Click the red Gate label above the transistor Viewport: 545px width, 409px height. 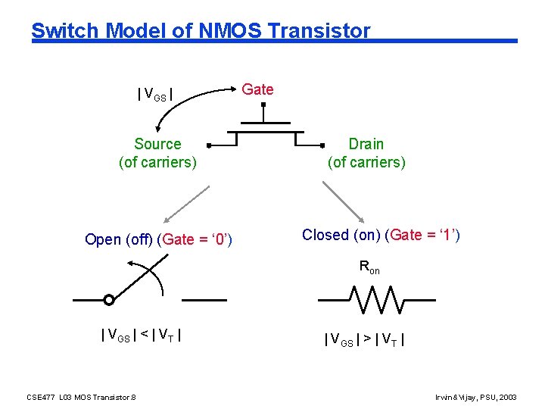tap(257, 89)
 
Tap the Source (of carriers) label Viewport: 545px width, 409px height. tap(157, 153)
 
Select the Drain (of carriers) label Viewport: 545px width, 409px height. tap(366, 153)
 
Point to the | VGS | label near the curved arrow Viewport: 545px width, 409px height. tap(155, 95)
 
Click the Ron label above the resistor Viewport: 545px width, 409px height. tap(369, 267)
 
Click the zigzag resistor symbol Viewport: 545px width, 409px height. tap(376, 299)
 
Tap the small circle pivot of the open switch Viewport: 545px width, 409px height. tap(109, 300)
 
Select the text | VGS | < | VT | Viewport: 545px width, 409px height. tap(141, 335)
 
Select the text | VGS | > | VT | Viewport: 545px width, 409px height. tap(364, 339)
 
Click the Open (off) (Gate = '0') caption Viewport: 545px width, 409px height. tap(158, 239)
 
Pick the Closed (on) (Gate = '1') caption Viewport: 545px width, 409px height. tap(381, 235)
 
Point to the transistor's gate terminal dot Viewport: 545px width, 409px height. tap(263, 106)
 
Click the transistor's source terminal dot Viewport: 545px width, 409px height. tap(208, 144)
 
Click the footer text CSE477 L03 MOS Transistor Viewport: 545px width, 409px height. tap(81, 396)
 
